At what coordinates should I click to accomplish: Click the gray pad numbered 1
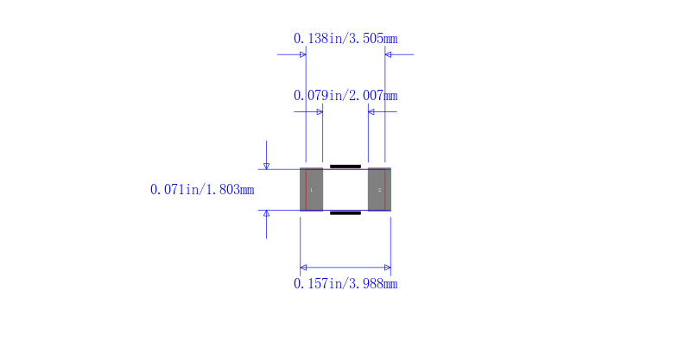[312, 189]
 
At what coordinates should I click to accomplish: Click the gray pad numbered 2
[379, 189]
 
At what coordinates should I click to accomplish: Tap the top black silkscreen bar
[345, 167]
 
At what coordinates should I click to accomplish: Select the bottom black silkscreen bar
[345, 213]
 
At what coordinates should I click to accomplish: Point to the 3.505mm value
[373, 39]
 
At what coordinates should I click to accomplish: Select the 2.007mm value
[373, 96]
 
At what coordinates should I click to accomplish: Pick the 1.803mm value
[230, 189]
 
